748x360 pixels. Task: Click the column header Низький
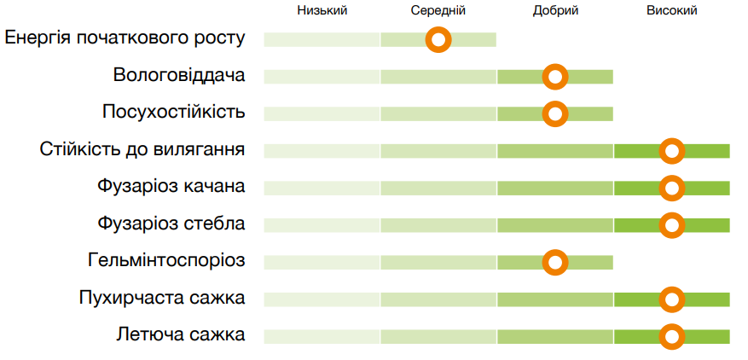(322, 11)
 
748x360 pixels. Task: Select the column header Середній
(438, 11)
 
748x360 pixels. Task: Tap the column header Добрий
(555, 11)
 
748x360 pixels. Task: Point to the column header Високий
(672, 11)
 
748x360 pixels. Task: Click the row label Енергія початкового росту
(125, 38)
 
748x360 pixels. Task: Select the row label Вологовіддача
(179, 75)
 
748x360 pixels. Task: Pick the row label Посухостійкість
(174, 112)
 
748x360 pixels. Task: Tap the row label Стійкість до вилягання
(142, 150)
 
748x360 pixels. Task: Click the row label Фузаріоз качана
(171, 187)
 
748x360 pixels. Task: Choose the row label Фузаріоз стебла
(171, 224)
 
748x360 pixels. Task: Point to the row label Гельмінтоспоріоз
(166, 260)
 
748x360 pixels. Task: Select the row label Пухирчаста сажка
(162, 299)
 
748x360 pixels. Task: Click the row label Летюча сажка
(181, 335)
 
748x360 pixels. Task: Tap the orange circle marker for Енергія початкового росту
(438, 39)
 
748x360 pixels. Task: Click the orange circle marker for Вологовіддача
(555, 77)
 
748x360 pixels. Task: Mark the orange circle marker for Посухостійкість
(555, 113)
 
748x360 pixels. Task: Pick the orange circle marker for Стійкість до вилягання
(672, 151)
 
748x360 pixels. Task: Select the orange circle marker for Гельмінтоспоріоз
(555, 262)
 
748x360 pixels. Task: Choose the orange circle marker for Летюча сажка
(672, 336)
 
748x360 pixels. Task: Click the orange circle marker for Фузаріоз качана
(672, 188)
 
